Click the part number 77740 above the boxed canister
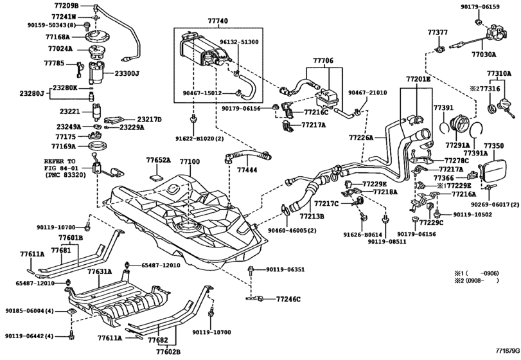click(218, 21)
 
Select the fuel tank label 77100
click(190, 162)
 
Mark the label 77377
click(437, 31)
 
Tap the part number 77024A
click(60, 48)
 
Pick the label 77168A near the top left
click(60, 37)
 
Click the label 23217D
click(148, 119)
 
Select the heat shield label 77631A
click(100, 272)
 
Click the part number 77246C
click(289, 300)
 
